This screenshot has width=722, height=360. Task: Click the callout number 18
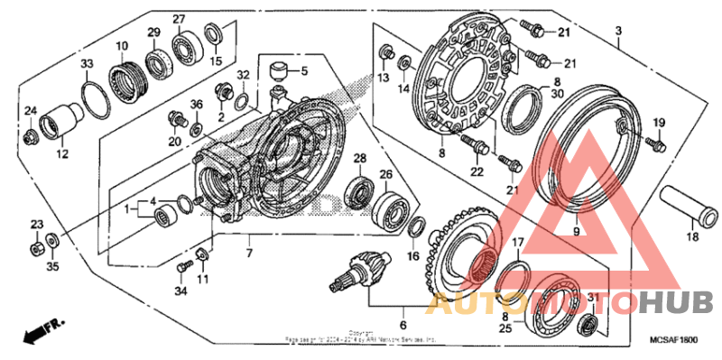pos(693,236)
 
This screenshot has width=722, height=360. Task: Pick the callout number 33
pos(87,63)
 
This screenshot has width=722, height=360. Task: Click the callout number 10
pos(121,46)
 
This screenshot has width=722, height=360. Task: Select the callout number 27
pos(179,20)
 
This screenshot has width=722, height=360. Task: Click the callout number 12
pos(62,154)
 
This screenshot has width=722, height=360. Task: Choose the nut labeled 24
pos(32,136)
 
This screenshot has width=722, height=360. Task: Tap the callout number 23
pos(37,224)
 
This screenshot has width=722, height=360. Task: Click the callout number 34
pos(180,291)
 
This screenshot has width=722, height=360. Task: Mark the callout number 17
pos(518,243)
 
